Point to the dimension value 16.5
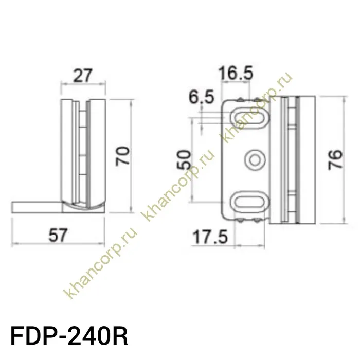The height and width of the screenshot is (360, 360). click(236, 74)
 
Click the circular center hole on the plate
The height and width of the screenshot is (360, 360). click(254, 160)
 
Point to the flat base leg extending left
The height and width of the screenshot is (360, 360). click(36, 207)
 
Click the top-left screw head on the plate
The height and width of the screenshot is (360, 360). click(241, 97)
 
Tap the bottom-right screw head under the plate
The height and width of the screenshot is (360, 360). click(257, 221)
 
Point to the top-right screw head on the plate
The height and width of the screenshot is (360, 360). click(257, 97)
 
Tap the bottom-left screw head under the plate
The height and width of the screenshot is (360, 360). click(241, 221)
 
